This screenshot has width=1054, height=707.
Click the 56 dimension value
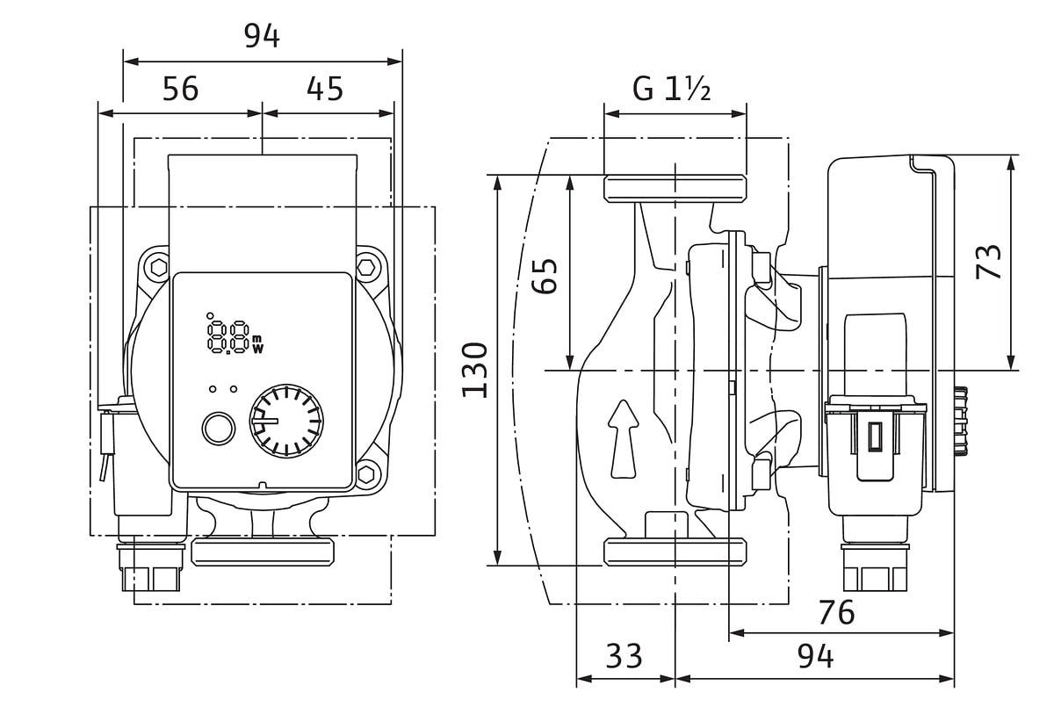coord(181,89)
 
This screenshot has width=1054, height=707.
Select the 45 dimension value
coord(325,89)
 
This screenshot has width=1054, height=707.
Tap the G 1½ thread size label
coord(671,89)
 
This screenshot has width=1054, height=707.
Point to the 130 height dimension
coord(474,370)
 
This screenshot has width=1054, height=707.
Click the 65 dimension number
coord(545,277)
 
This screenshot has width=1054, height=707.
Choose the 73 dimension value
coord(990,262)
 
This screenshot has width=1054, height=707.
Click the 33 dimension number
coord(624,656)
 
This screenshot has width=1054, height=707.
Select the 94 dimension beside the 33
coord(814,656)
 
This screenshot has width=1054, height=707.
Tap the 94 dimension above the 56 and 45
coord(261,37)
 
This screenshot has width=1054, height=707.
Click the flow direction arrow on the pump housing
coord(622,439)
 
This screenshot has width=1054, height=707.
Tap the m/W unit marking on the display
coord(257,343)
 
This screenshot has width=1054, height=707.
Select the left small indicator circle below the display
coord(212,389)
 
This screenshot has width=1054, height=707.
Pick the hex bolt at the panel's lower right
coord(367,474)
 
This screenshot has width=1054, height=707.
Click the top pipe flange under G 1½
coord(675,188)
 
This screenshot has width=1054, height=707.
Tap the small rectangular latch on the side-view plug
coord(875,436)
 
